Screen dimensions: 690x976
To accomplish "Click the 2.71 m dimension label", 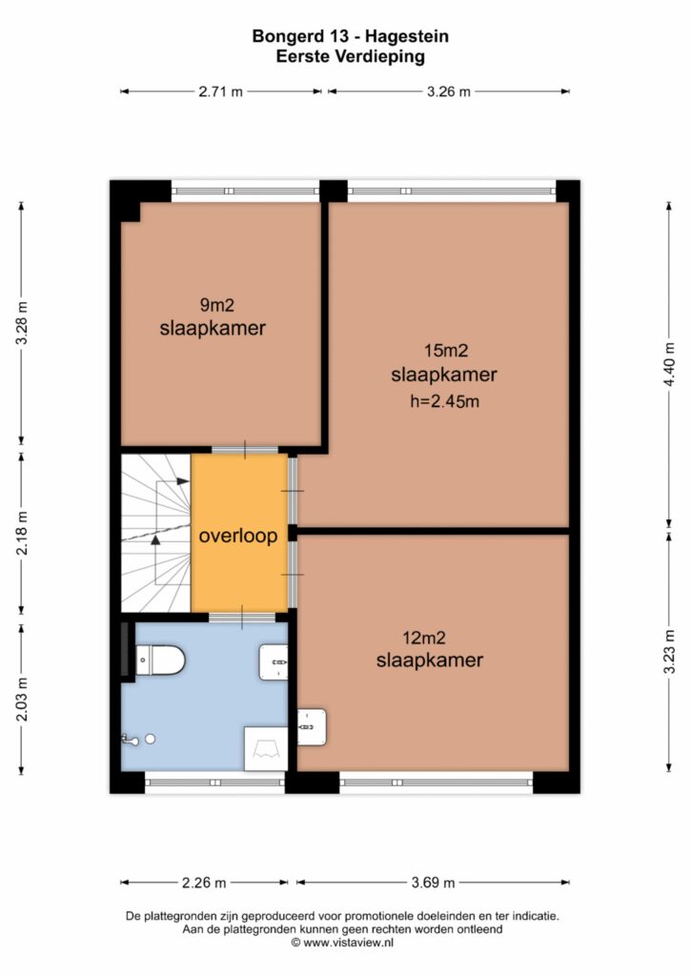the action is click(220, 92).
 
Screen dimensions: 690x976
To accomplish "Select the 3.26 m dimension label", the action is click(449, 92).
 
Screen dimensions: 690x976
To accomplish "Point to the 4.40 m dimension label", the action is click(669, 364).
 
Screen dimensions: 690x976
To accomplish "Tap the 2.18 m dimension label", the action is click(22, 533).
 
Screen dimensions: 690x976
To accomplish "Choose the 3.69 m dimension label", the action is click(433, 883).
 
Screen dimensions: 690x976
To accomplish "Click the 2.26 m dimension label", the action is click(204, 883).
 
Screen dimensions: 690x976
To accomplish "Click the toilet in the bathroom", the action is click(160, 661).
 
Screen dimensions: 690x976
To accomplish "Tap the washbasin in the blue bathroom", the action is click(274, 662).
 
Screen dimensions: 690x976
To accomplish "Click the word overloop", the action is click(238, 536).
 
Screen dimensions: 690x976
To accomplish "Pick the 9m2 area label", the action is click(216, 305).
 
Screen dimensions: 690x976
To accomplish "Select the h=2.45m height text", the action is click(445, 401).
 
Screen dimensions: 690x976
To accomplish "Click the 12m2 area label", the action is click(424, 638).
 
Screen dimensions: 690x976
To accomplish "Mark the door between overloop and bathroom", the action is click(242, 618).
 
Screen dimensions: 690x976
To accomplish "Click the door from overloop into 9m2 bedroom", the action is click(245, 450).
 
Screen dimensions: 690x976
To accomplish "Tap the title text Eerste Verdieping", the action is click(351, 56).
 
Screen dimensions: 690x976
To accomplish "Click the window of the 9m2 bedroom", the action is click(245, 191).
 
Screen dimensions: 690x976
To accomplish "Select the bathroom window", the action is click(215, 783).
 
